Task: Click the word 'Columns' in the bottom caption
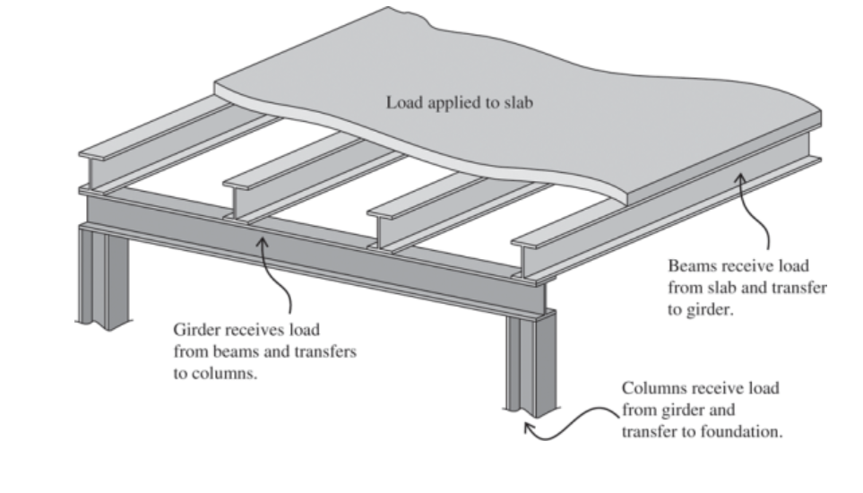651,388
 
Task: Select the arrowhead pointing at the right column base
528,428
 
